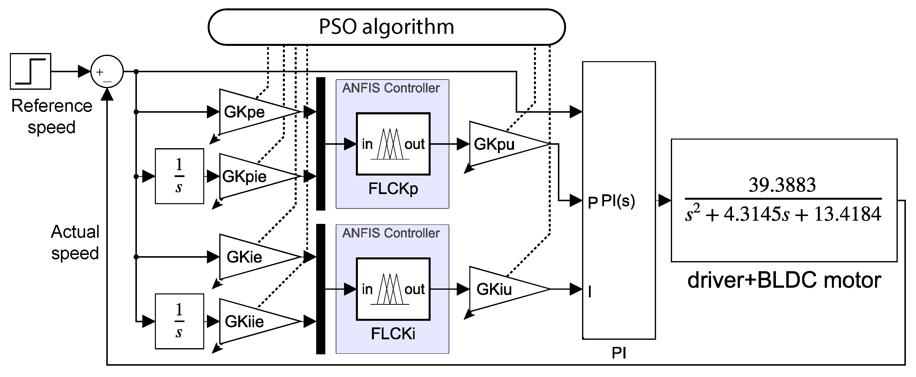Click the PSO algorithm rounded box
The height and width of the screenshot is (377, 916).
386,27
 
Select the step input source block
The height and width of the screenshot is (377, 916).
30,72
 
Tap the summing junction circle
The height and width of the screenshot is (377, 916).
107,72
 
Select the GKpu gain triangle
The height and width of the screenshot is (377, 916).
501,144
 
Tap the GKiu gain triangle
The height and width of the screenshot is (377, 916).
501,289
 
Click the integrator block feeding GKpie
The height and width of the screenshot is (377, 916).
179,176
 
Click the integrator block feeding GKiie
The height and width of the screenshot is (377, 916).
179,322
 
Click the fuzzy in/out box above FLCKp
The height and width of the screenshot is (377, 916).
393,144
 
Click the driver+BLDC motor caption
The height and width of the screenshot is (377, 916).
784,280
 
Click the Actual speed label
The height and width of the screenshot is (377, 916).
75,242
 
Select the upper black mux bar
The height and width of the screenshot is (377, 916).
321,144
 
